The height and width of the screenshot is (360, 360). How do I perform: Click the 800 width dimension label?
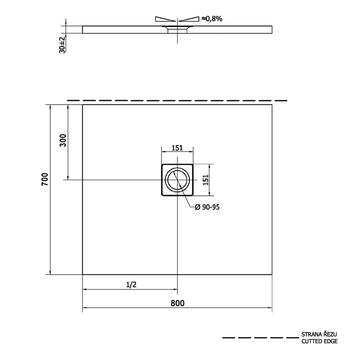[177, 303]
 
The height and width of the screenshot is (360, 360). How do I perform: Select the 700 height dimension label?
[45, 179]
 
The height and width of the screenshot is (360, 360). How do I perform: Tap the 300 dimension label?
[63, 140]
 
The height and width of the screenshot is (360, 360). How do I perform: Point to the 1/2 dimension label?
[131, 285]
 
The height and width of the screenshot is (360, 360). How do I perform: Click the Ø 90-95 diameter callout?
[207, 207]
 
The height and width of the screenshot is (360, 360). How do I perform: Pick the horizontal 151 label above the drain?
[177, 148]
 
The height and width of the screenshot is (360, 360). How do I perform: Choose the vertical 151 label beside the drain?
[206, 180]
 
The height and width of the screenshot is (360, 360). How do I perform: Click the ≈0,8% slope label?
[212, 19]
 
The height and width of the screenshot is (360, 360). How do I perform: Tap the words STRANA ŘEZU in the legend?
[319, 334]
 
